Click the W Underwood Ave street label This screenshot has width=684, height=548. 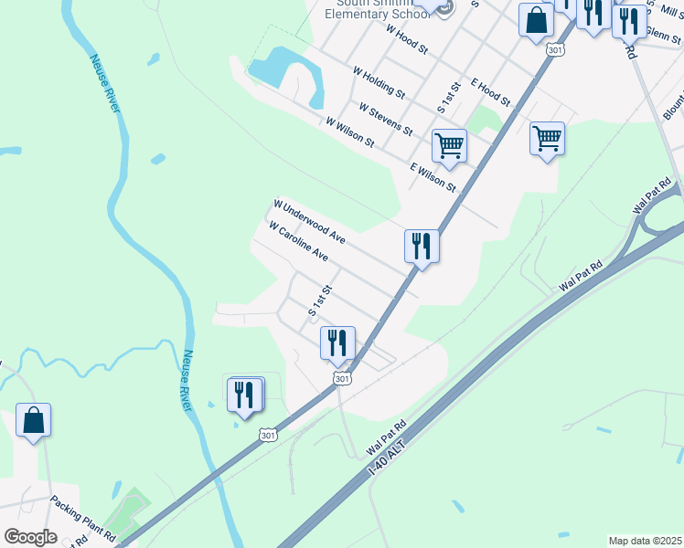tap(309, 222)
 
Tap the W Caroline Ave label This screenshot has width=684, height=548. tap(298, 241)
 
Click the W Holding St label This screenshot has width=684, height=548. tap(379, 81)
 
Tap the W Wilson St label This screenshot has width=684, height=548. tap(349, 132)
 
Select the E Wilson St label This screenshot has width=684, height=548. tap(433, 176)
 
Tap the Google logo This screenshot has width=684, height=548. tap(30, 537)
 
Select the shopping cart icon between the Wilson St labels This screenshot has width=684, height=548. tap(449, 145)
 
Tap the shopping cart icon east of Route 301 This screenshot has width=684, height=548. tap(547, 139)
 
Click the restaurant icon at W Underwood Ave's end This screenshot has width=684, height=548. tap(422, 246)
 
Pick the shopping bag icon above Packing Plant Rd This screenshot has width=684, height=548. tap(33, 420)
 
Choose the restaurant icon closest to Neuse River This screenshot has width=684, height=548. tap(244, 395)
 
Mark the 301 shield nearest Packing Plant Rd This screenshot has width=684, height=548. tap(267, 436)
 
